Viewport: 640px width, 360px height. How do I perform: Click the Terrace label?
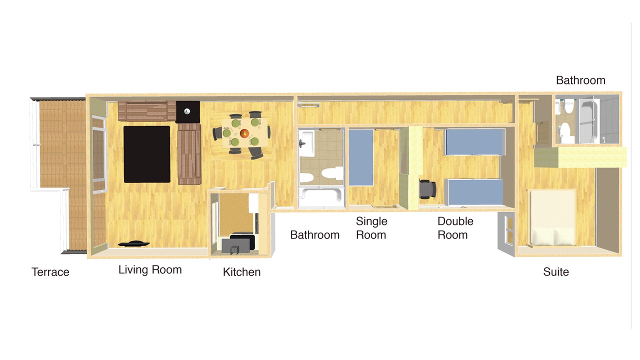point(50,272)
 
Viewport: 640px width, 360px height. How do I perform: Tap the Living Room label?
point(150,269)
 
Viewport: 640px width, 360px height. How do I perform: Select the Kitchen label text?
point(241,272)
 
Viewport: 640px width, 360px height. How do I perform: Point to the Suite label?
point(555,271)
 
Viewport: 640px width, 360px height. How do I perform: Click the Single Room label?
point(371,228)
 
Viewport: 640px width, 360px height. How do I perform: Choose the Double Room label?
point(455,228)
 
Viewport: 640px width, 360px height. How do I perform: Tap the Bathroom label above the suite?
point(580,80)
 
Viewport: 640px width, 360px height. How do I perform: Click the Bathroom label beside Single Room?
point(315,235)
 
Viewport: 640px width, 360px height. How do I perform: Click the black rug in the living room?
point(147,154)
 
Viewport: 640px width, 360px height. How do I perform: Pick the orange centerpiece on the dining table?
point(244,133)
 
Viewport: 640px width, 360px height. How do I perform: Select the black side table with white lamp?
point(187,111)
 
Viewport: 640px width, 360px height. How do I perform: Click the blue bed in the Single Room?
point(361,157)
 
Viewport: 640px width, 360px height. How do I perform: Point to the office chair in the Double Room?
point(427,189)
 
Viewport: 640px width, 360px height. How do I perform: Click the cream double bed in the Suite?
point(553,217)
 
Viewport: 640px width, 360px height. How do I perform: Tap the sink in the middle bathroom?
point(306,143)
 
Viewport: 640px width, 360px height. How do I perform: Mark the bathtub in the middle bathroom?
point(320,197)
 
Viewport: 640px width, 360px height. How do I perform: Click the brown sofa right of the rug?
point(189,154)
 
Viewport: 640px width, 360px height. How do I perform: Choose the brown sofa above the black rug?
point(147,111)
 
